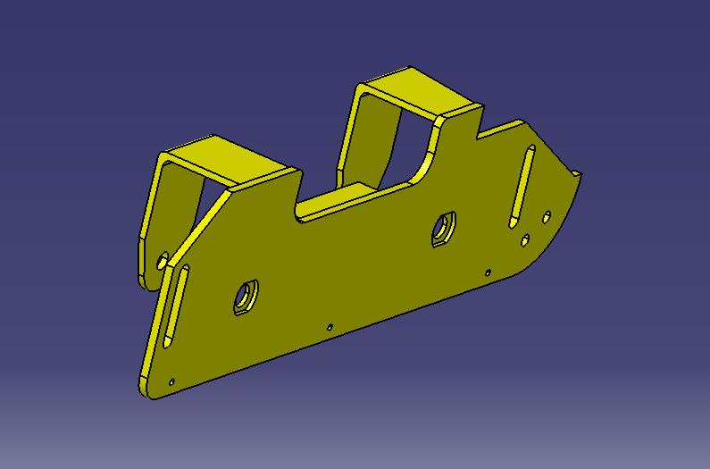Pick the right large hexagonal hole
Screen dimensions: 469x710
tap(443, 228)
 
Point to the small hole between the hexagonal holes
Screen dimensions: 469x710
tap(330, 327)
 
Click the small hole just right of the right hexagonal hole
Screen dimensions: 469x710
tap(488, 272)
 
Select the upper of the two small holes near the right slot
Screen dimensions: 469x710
tap(547, 216)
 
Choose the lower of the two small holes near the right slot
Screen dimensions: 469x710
tap(526, 239)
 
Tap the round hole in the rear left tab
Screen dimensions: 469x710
tap(162, 262)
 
